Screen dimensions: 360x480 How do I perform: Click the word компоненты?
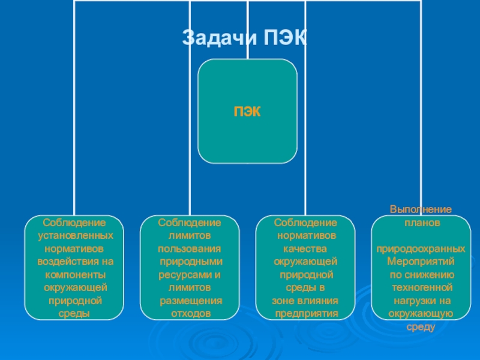pyautogui.click(x=75, y=274)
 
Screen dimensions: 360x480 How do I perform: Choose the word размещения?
pyautogui.click(x=191, y=300)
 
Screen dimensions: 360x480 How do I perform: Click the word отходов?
pyautogui.click(x=191, y=313)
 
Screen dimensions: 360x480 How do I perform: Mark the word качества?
pyautogui.click(x=305, y=248)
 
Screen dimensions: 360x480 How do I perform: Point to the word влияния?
pyautogui.click(x=320, y=300)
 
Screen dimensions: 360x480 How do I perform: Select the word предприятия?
pyautogui.click(x=306, y=313)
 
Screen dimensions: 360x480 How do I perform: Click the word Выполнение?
pyautogui.click(x=421, y=210)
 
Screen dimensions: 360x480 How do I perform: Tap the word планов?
pyautogui.click(x=421, y=222)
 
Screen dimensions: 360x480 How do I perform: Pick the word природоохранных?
pyautogui.click(x=421, y=248)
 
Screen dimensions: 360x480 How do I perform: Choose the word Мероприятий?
pyautogui.click(x=421, y=262)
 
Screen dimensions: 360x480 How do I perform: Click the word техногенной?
pyautogui.click(x=421, y=287)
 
